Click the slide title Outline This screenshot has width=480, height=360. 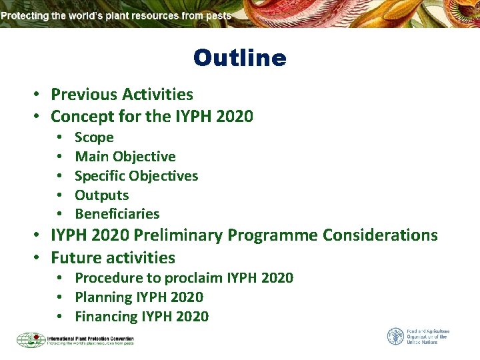pos(239,58)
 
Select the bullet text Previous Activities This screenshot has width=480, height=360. pos(122,95)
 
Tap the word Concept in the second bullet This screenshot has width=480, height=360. pos(81,117)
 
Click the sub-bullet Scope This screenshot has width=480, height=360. pos(94,137)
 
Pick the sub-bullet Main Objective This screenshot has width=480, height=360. pos(125,157)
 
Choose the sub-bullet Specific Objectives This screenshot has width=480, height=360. pos(136,176)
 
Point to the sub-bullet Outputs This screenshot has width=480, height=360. pos(101,195)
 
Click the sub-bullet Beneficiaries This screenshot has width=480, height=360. pos(117,214)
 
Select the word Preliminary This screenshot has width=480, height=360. pos(273,235)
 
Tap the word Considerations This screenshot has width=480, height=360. pos(380,235)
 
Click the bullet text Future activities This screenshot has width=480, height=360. pos(113,257)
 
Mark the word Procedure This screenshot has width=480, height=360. pos(109,278)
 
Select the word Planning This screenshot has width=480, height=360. pos(103,297)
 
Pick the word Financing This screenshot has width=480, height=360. pos(106,317)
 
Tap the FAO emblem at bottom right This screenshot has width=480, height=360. pos(395,336)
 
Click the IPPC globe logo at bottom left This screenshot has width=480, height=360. pos(31,340)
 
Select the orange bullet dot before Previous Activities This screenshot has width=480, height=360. pos(39,95)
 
